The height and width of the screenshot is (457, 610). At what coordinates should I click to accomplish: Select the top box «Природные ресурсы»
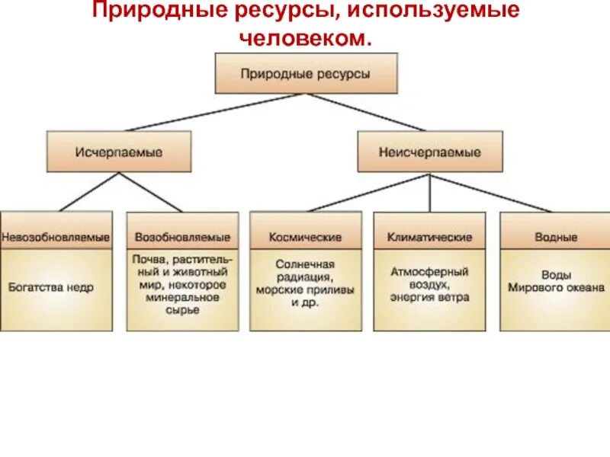(306, 74)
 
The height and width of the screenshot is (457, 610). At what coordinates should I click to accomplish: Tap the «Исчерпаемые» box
(119, 152)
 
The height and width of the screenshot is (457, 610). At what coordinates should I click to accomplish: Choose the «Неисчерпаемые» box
(430, 152)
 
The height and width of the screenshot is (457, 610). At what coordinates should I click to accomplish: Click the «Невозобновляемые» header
(56, 238)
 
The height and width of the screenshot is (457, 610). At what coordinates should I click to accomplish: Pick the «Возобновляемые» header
(182, 238)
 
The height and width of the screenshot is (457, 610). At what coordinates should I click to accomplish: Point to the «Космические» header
(305, 238)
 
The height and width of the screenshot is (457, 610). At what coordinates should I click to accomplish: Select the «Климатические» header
(430, 238)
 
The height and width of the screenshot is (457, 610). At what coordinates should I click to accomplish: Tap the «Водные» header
(556, 238)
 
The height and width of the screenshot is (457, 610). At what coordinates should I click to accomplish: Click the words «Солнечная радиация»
(305, 270)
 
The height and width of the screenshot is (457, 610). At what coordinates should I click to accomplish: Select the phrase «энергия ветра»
(430, 297)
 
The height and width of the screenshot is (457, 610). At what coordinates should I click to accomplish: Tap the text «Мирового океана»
(556, 288)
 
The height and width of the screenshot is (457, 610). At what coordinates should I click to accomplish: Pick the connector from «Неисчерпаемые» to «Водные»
(492, 193)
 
